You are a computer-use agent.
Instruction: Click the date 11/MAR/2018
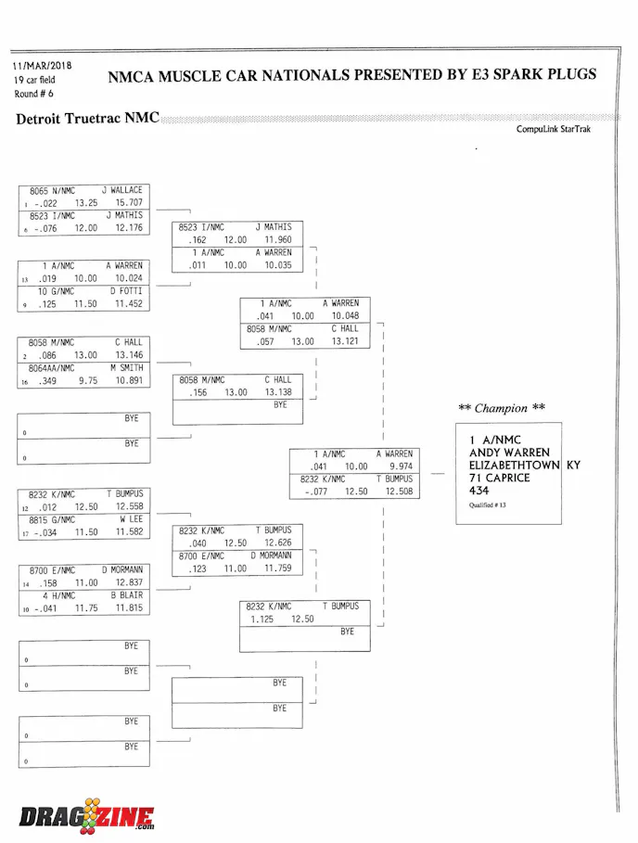coord(42,67)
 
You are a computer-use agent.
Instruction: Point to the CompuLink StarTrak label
coord(554,130)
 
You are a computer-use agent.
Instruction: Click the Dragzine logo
coord(86,816)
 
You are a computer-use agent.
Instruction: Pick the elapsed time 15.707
coord(129,202)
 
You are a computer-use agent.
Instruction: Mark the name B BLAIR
coord(125,595)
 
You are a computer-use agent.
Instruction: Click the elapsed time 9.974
coord(401,466)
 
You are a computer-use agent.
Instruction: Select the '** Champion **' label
coord(502,408)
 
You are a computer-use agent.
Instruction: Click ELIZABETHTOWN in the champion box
coord(514,465)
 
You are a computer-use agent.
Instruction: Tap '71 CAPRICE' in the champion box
coord(499,478)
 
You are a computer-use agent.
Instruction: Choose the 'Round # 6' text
coord(33,94)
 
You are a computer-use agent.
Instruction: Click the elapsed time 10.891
coord(129,380)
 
